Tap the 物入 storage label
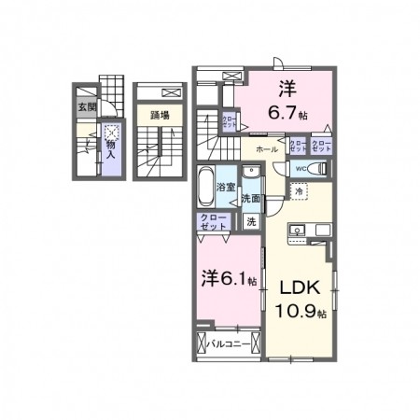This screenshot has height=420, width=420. pyautogui.click(x=111, y=148)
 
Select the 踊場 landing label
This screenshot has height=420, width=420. pyautogui.click(x=160, y=116)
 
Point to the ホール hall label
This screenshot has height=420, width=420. pyautogui.click(x=265, y=148)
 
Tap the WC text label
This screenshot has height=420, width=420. pyautogui.click(x=301, y=169)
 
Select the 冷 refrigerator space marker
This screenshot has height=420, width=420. pyautogui.click(x=299, y=191)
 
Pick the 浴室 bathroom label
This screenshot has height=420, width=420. pyautogui.click(x=225, y=188)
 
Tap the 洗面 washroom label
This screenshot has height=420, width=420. pyautogui.click(x=249, y=198)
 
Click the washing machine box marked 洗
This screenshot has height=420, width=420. pyautogui.click(x=250, y=221)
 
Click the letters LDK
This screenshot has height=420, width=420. pyautogui.click(x=297, y=287)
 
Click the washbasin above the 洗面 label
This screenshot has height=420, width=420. pyautogui.click(x=249, y=174)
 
